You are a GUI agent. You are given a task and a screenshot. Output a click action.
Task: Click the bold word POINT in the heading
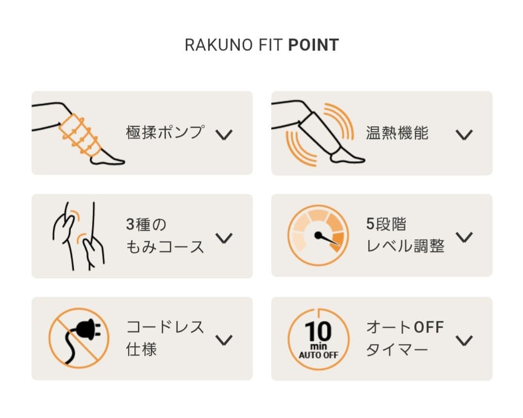313,45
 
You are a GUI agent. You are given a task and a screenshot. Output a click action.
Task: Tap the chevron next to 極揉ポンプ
224,134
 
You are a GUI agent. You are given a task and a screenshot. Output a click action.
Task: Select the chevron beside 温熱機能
464,134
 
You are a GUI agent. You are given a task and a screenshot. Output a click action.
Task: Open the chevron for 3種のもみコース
224,238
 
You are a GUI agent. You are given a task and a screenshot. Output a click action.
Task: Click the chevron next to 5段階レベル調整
464,237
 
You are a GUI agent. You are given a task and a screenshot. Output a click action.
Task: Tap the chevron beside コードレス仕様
224,340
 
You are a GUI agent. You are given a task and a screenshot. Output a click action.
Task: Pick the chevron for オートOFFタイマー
464,340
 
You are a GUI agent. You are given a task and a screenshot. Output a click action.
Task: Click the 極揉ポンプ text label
165,133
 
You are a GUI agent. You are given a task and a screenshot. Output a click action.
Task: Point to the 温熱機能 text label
397,133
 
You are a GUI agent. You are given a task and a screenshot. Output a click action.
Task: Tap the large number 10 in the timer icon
318,332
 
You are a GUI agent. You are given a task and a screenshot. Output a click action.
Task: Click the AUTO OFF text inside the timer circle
319,355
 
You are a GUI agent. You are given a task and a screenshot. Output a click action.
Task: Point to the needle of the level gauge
327,239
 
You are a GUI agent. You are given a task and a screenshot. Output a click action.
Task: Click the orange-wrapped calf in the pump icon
80,135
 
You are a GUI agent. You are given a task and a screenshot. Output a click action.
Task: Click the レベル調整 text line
405,247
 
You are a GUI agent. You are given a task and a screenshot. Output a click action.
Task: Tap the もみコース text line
165,247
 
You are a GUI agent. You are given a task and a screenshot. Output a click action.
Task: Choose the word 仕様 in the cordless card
142,350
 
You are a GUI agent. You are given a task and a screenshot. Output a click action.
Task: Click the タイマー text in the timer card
397,350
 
